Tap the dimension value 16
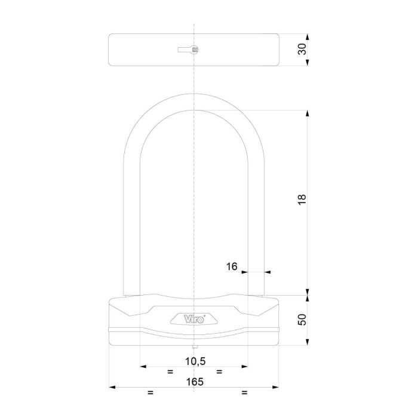[232, 268]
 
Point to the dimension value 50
[303, 320]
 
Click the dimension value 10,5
[194, 361]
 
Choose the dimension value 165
[194, 382]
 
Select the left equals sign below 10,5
[170, 371]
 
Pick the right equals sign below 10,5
[219, 371]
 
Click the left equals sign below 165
[150, 393]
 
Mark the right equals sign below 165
[243, 393]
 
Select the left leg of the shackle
[132, 227]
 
